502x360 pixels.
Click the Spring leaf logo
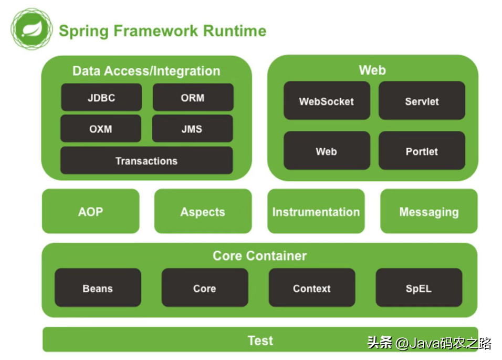click(x=32, y=29)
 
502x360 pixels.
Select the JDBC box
click(x=101, y=98)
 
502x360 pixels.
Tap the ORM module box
click(x=193, y=98)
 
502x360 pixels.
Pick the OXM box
click(x=101, y=129)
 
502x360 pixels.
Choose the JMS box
click(x=192, y=129)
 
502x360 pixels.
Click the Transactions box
click(x=147, y=161)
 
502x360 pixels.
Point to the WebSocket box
click(x=327, y=101)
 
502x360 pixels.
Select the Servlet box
click(x=422, y=101)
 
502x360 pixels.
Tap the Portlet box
click(x=422, y=151)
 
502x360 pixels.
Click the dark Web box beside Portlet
click(x=327, y=151)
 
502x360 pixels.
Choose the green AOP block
click(x=91, y=212)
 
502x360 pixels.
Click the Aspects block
click(x=203, y=212)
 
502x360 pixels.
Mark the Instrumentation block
click(x=316, y=212)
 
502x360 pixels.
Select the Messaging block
click(x=429, y=212)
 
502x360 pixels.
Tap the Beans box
click(x=98, y=288)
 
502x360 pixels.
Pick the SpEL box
click(x=419, y=288)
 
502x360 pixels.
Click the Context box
click(x=312, y=288)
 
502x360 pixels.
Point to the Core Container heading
click(x=259, y=256)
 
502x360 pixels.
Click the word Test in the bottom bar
click(x=260, y=341)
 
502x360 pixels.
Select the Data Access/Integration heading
click(x=147, y=71)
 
